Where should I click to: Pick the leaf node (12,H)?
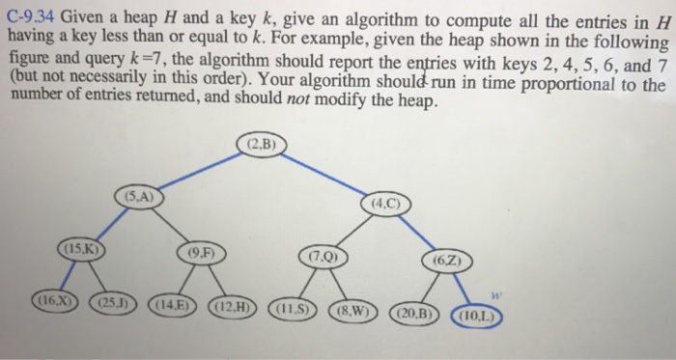230,309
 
